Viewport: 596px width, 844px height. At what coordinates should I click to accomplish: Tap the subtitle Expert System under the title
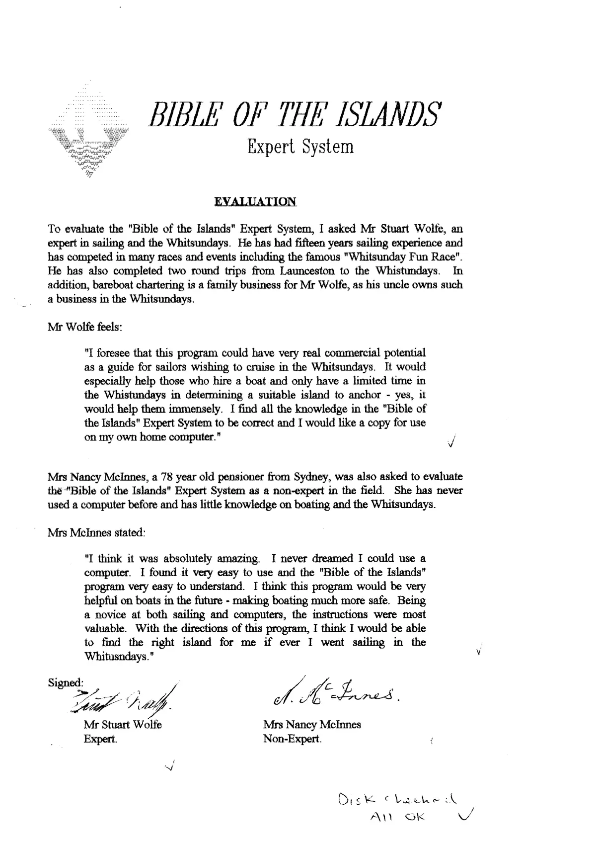[x=300, y=147]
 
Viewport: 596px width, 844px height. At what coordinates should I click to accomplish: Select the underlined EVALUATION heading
[x=255, y=202]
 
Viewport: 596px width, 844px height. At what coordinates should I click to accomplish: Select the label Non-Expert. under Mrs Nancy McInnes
[x=292, y=739]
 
